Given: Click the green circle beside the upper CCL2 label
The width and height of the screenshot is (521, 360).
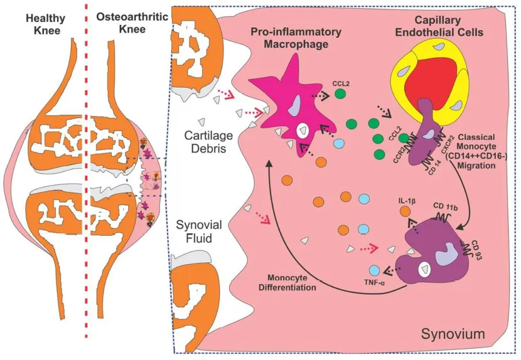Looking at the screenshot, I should (x=341, y=94).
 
